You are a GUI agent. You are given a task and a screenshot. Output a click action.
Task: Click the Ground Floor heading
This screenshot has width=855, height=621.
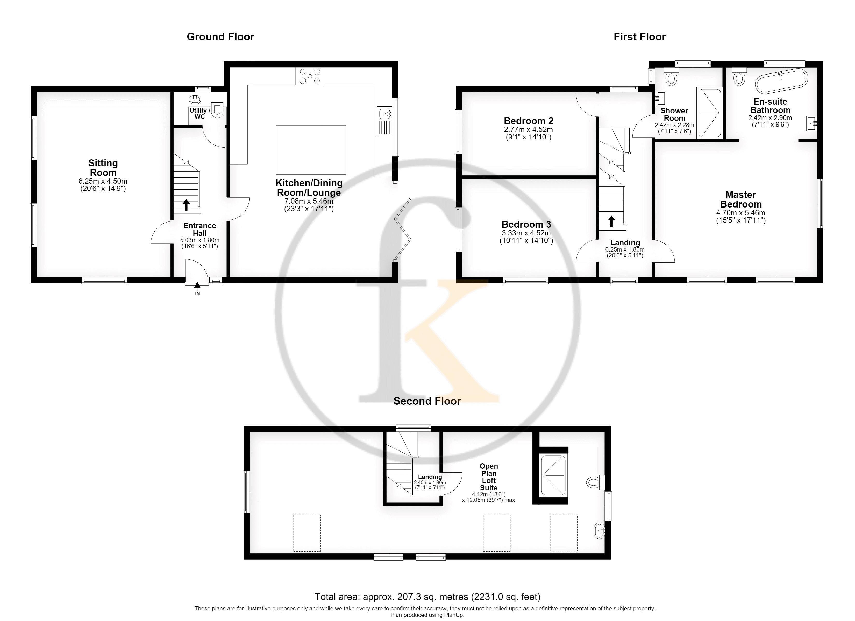pyautogui.click(x=220, y=36)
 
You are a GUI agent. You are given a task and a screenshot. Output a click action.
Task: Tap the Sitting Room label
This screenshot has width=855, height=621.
pyautogui.click(x=103, y=168)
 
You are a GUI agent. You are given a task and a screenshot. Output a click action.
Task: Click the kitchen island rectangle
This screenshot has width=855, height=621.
pyautogui.click(x=311, y=150)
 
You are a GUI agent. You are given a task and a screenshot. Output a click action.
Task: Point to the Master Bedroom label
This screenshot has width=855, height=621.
pyautogui.click(x=741, y=199)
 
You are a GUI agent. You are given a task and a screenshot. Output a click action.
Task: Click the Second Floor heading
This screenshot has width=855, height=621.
pyautogui.click(x=427, y=401)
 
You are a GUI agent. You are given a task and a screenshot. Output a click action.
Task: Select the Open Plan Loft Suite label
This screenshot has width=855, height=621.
pyautogui.click(x=489, y=477)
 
